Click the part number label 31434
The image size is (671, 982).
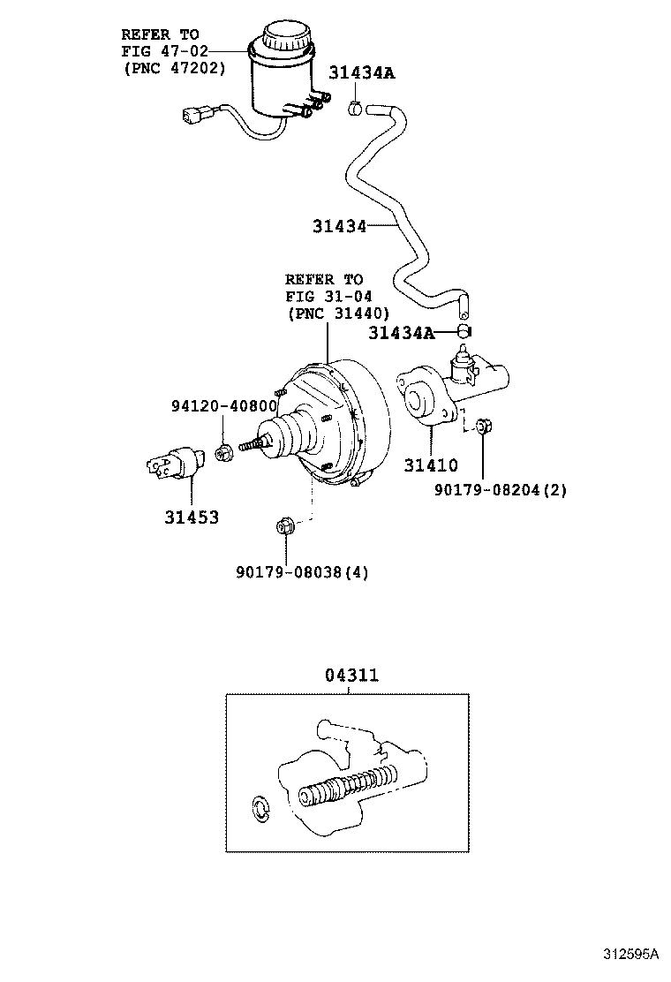pos(339,226)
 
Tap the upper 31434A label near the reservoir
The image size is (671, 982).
pos(362,73)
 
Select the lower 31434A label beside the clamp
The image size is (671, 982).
pos(401,333)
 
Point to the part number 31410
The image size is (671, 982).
pos(431,465)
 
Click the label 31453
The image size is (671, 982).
pos(192,517)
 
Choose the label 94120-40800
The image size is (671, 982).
pos(224,406)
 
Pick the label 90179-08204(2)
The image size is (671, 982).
pos(501,489)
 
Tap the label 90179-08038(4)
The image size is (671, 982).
pos(302,571)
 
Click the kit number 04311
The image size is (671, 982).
pos(351,676)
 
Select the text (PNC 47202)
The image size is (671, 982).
pos(174,68)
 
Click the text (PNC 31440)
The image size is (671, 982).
pos(338,313)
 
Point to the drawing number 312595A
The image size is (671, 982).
pos(631,954)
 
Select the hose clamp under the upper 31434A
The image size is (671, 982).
pos(355,109)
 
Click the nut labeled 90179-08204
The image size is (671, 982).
pos(483,427)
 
